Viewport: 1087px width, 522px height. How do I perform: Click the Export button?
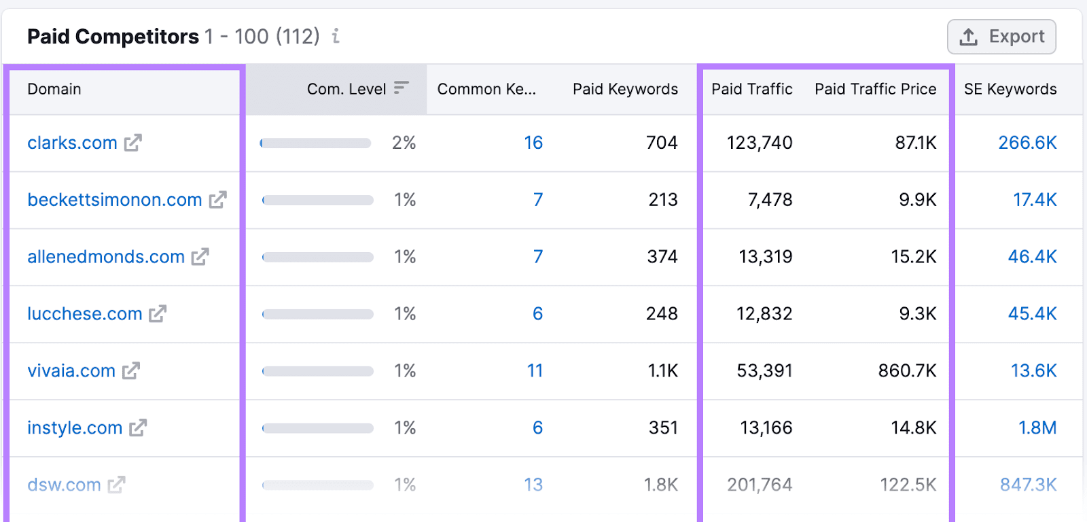1001,37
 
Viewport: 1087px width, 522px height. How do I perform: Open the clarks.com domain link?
72,143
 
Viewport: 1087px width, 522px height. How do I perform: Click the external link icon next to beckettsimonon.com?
217,200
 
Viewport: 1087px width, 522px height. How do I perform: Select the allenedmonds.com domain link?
106,257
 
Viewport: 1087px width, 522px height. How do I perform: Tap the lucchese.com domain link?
85,314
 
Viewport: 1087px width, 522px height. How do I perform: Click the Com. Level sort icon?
402,88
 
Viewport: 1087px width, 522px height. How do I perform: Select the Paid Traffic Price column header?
875,89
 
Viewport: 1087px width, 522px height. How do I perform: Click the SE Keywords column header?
1010,89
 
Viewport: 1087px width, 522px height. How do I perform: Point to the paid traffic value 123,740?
760,143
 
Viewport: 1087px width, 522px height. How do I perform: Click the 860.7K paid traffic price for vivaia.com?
907,371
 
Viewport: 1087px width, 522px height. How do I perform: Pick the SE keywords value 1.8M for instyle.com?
1037,428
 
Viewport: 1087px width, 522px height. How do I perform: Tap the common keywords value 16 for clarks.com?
533,143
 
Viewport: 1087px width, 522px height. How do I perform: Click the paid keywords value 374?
662,257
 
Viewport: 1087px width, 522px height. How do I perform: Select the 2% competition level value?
404,143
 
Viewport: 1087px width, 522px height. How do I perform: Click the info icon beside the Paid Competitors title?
336,36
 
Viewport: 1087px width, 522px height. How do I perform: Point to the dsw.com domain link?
64,485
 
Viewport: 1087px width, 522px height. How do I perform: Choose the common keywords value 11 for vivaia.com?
535,371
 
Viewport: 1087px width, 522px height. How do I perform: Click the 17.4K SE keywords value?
1035,200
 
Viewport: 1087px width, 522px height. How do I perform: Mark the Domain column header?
54,89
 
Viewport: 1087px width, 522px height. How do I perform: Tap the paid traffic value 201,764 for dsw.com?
760,485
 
